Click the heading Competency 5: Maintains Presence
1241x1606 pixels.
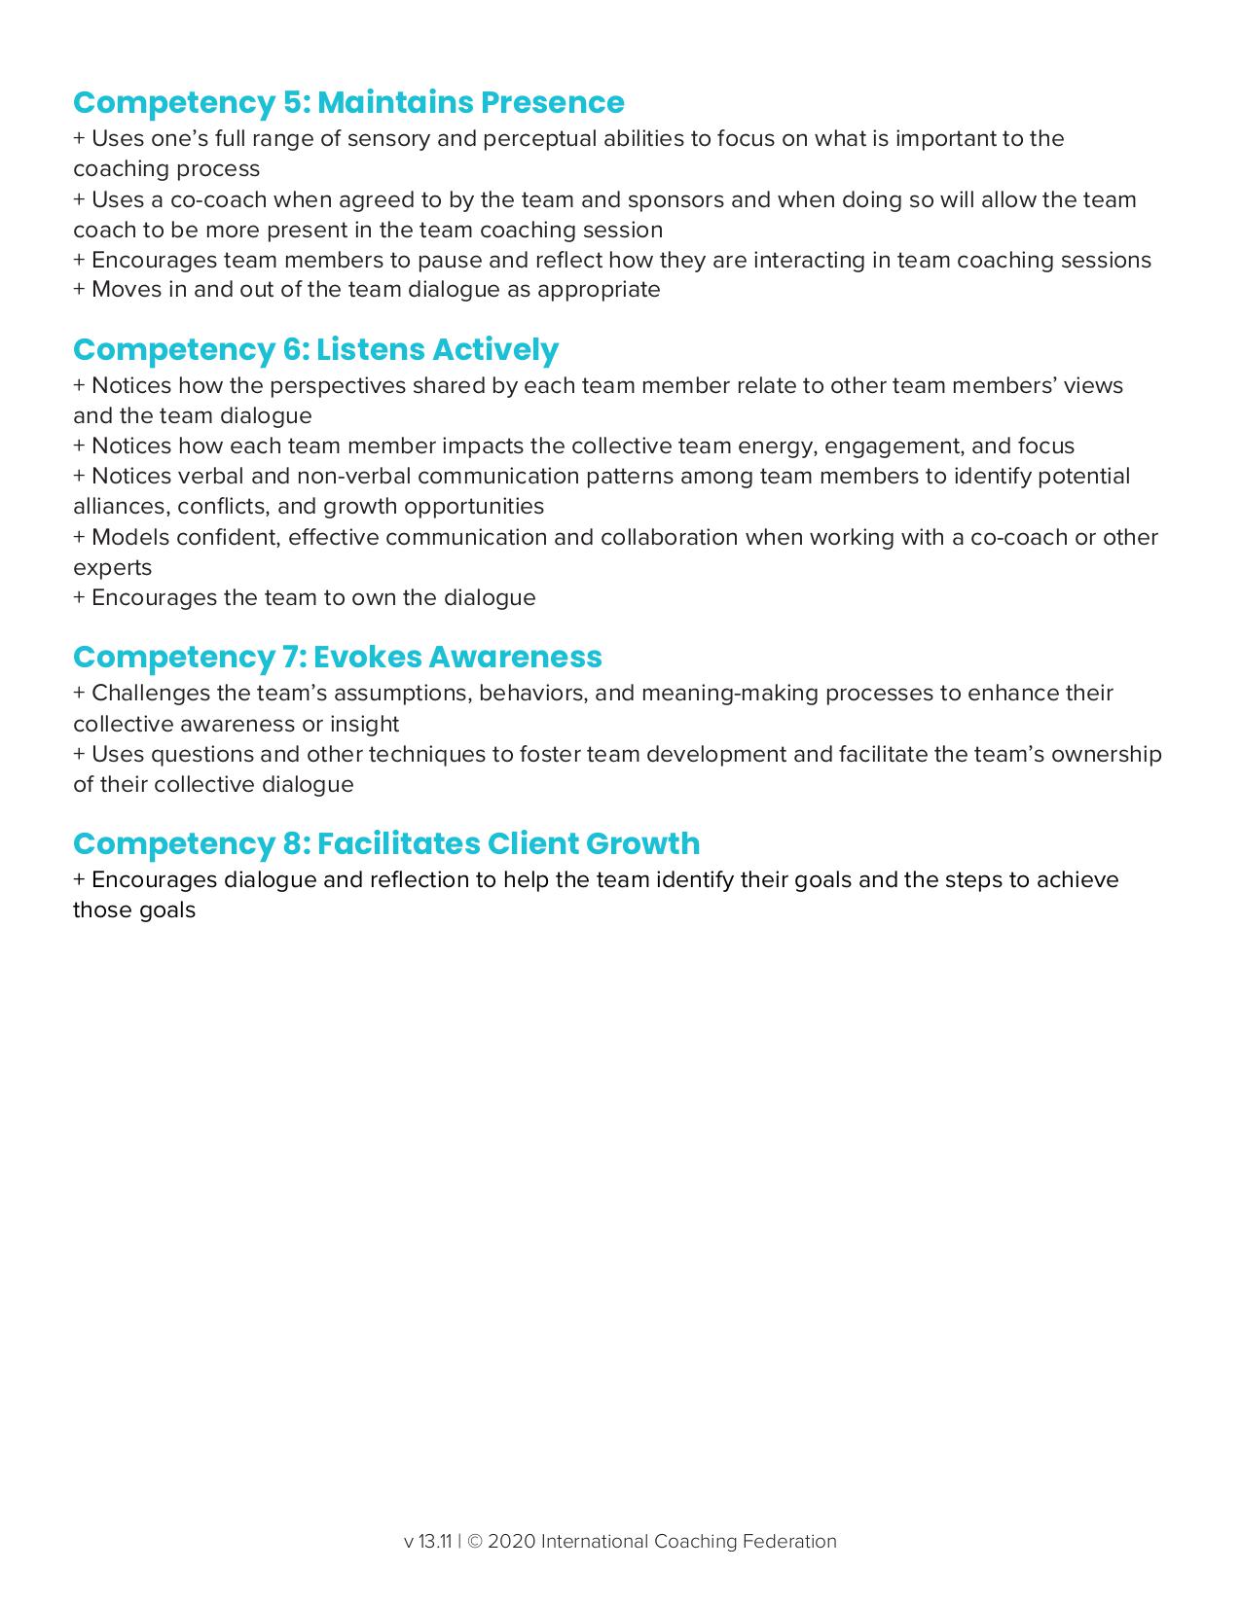348,102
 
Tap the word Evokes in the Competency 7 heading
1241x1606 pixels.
366,657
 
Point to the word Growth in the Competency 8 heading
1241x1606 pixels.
642,842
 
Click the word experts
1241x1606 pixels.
112,567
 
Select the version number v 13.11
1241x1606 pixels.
427,1541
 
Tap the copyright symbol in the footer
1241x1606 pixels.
475,1541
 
